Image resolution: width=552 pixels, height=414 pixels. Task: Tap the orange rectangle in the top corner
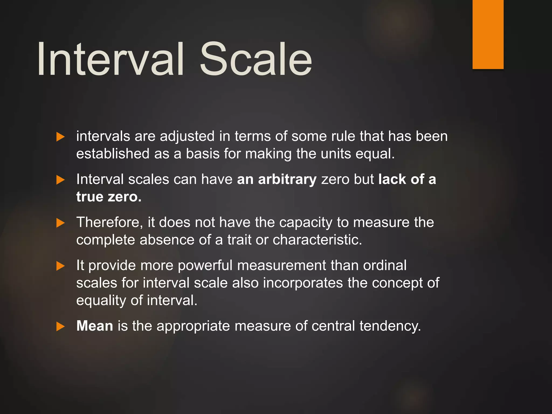click(x=488, y=34)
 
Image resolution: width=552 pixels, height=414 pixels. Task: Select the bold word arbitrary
click(x=287, y=179)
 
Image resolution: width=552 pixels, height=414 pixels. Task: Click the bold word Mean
click(x=95, y=326)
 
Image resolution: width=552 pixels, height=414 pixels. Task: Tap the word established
click(x=113, y=154)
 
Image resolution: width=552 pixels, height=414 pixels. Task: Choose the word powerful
click(x=205, y=265)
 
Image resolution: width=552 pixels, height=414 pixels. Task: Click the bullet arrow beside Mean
click(x=60, y=327)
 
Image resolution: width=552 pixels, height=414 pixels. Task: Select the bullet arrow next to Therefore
click(x=60, y=223)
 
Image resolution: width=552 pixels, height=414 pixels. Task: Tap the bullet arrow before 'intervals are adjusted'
click(x=60, y=137)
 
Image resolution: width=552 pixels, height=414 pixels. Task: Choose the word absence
click(x=167, y=240)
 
